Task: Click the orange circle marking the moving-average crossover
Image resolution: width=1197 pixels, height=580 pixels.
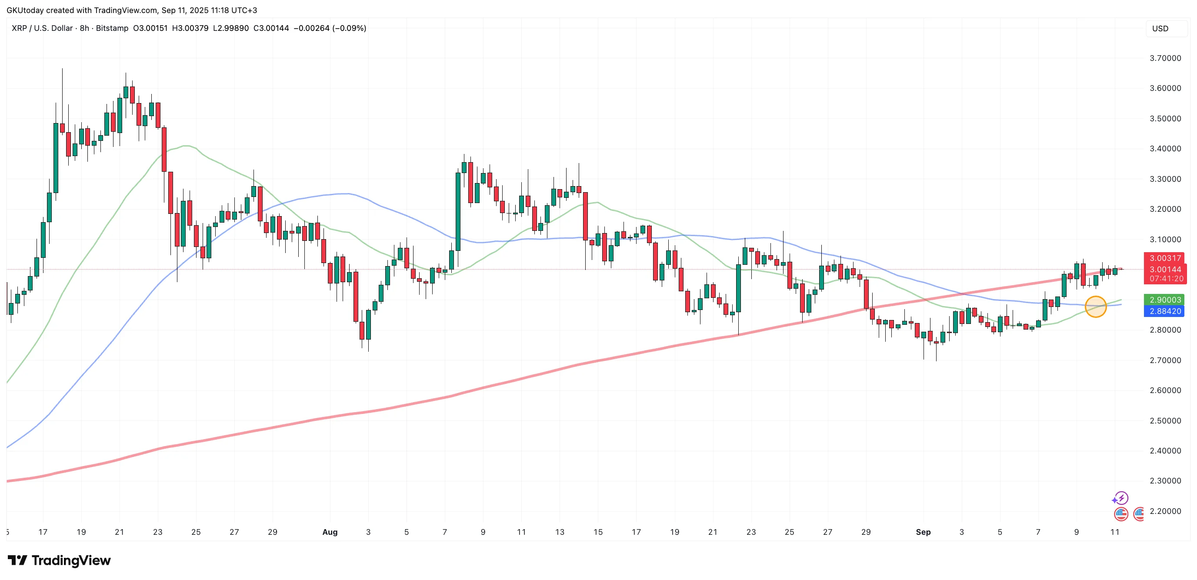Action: [1095, 307]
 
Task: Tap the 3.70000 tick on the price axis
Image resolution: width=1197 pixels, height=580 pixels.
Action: [1165, 58]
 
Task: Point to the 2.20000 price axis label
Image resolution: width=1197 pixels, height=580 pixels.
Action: [1165, 511]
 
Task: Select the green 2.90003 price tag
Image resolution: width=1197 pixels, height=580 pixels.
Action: [1165, 300]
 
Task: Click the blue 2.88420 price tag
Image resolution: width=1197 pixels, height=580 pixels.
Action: [1165, 311]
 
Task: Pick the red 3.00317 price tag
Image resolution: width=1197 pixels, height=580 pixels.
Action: [1165, 258]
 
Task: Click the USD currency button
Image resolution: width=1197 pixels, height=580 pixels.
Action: [1160, 28]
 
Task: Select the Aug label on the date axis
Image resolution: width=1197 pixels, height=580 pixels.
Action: [330, 532]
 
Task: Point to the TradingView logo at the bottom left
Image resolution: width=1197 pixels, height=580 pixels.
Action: [60, 560]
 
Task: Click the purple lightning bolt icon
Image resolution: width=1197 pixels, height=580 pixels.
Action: [1121, 498]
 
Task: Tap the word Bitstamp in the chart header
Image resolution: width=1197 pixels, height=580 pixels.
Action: [112, 28]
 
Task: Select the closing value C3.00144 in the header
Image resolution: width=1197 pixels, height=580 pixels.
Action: [271, 28]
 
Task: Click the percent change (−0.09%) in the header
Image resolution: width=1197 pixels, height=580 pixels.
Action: [349, 28]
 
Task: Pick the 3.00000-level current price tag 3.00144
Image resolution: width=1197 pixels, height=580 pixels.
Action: [1165, 270]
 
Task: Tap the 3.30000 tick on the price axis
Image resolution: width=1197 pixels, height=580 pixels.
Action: [1165, 179]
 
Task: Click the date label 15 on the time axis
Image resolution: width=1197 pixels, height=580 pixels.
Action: [597, 532]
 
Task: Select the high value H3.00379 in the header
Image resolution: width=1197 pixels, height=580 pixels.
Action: [190, 28]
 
